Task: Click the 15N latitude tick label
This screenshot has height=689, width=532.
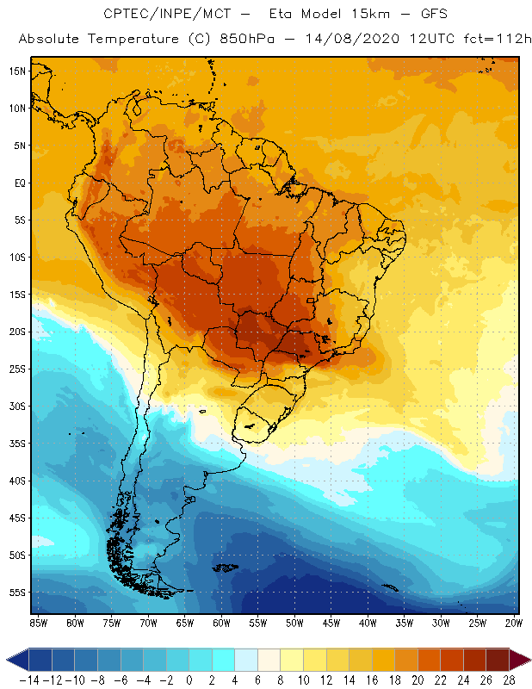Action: [17, 71]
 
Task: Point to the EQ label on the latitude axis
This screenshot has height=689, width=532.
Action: [19, 183]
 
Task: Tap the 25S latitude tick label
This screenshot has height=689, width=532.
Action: [17, 369]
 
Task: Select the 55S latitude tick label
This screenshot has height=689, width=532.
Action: [17, 593]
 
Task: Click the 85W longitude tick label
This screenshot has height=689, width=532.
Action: [38, 623]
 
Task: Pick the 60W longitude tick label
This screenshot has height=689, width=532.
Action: [221, 623]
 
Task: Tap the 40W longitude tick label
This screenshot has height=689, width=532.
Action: [368, 623]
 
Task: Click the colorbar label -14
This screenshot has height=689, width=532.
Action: [28, 680]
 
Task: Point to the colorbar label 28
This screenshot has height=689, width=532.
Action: [509, 680]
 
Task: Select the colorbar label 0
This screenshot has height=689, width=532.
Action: [189, 680]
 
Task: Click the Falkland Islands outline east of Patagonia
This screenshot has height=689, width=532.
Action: [226, 567]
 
